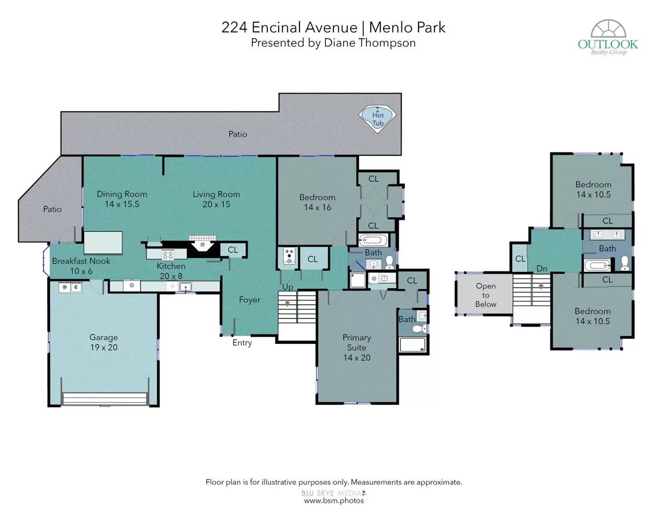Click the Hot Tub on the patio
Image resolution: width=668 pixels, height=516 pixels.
(x=377, y=119)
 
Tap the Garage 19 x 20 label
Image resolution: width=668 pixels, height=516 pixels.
(x=104, y=342)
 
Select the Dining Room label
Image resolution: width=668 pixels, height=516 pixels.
(x=122, y=194)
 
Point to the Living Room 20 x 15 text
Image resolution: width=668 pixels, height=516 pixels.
(x=216, y=199)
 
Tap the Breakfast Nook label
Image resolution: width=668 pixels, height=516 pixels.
(x=81, y=261)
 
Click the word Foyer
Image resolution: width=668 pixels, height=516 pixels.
(x=249, y=300)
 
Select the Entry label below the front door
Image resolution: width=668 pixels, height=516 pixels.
(x=242, y=343)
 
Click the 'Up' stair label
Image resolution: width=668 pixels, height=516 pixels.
(x=288, y=287)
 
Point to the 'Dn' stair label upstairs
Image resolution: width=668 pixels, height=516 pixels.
(x=542, y=269)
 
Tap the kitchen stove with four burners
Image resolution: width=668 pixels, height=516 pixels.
(x=168, y=255)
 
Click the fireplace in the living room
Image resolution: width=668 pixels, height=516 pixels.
(x=202, y=247)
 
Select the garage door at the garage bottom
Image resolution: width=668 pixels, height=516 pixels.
(x=105, y=398)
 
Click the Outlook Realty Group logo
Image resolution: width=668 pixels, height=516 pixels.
(x=608, y=37)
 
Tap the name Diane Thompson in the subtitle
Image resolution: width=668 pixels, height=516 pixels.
(x=369, y=43)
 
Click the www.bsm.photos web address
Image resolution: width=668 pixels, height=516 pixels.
(x=334, y=501)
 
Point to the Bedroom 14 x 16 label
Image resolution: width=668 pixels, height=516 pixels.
(x=317, y=202)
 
